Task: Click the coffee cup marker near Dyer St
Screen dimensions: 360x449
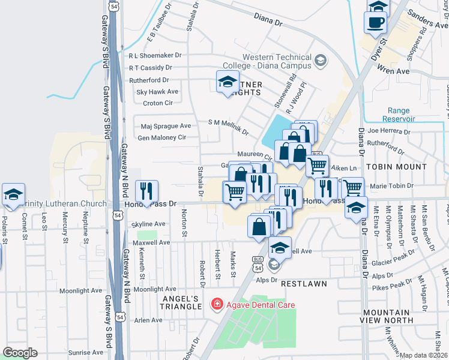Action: tap(375, 22)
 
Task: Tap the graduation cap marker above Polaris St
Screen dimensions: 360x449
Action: tap(13, 194)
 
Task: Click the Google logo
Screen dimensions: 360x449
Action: tap(20, 352)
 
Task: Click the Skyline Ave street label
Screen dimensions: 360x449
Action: tap(148, 224)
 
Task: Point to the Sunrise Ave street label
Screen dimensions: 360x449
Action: tap(86, 353)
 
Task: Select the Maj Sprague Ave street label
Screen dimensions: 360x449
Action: tap(166, 126)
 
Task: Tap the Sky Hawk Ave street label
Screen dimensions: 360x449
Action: tap(157, 92)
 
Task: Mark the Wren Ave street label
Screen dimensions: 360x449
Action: tap(394, 71)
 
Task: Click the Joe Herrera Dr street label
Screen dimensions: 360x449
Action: tap(391, 130)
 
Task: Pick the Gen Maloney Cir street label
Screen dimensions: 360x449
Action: tap(161, 137)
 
